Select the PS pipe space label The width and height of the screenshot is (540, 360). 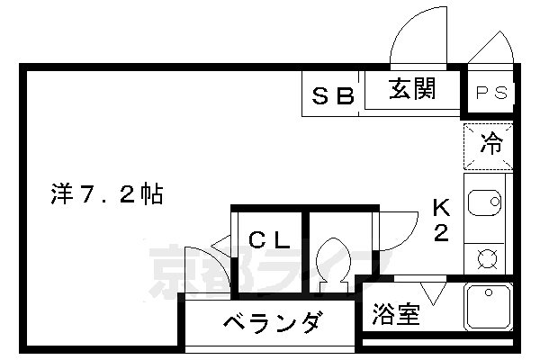(491, 93)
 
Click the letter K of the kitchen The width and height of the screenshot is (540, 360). (441, 208)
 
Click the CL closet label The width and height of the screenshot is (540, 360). (269, 240)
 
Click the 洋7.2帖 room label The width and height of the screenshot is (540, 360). (105, 193)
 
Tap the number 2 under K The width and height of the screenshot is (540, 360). (441, 233)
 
